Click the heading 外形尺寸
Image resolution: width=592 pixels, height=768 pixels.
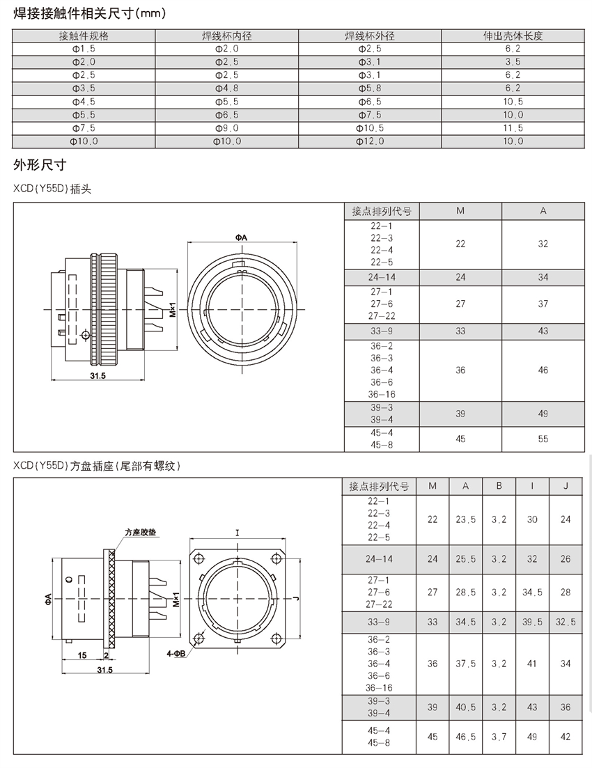coord(40,165)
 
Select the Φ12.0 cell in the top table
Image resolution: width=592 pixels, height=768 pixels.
coord(370,141)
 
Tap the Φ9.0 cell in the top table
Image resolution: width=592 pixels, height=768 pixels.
coord(227,128)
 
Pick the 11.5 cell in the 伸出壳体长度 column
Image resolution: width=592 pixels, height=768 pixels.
coord(513,128)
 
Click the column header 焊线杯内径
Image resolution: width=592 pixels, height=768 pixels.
coord(227,36)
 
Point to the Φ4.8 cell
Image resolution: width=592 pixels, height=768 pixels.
coord(227,88)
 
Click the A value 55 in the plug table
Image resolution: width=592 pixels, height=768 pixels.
coord(543,439)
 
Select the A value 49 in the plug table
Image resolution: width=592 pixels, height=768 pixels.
coord(543,414)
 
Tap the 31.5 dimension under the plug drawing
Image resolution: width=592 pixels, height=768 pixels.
coord(98,376)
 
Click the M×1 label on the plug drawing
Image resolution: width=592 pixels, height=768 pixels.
coord(173,309)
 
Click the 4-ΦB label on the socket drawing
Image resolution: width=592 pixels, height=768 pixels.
coord(176,653)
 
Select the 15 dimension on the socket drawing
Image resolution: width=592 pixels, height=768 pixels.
coord(82,655)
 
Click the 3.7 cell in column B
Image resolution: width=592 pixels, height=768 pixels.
coord(499,737)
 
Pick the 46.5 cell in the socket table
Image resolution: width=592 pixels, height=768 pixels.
coord(465,737)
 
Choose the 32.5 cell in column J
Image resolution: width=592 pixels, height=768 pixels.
coord(566,622)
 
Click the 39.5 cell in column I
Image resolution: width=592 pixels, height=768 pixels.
coord(532,622)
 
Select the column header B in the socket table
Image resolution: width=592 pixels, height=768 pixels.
coord(499,486)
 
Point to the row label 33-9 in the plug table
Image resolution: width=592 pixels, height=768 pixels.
coord(382,331)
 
